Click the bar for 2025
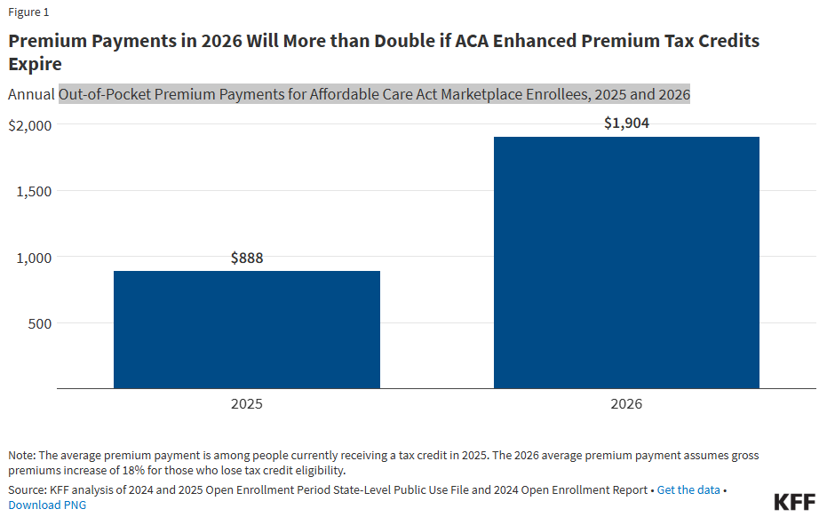(247, 330)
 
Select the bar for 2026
(626, 262)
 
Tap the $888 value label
(247, 258)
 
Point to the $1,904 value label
(626, 123)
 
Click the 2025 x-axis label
(247, 404)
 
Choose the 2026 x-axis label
(626, 404)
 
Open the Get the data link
(688, 490)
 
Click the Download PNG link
(47, 505)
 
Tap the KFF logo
(794, 502)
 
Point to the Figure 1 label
(29, 12)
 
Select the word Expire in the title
(36, 64)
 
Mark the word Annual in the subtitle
(31, 94)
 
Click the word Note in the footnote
(22, 456)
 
